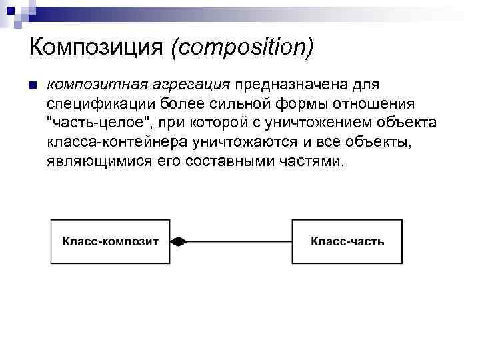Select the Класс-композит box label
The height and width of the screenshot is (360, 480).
pos(111,241)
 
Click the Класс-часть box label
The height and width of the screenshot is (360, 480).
pos(347,241)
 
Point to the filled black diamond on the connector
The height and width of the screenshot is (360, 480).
pos(179,241)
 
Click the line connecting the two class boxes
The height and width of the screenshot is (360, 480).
pos(240,241)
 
